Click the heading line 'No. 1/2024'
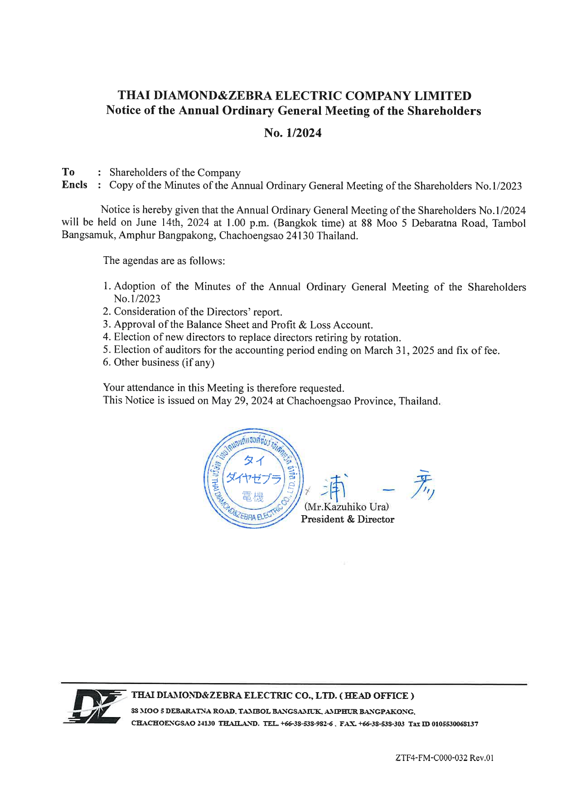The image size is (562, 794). tap(293, 133)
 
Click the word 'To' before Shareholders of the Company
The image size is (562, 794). tap(68, 172)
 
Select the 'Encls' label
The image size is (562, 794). tap(74, 185)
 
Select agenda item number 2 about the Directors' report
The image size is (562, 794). tap(193, 312)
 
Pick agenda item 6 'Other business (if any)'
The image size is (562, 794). tap(159, 362)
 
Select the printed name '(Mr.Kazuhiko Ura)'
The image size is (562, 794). tap(347, 507)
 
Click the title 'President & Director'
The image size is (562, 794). tap(347, 519)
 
